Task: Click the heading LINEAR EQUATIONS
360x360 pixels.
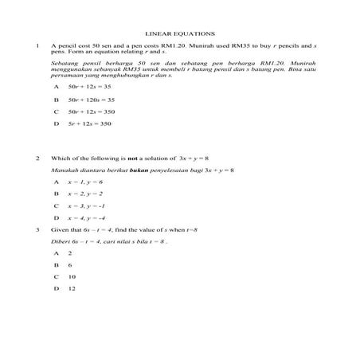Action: click(179, 34)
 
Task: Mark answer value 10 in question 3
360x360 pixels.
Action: click(72, 276)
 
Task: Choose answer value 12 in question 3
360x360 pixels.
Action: click(72, 288)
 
